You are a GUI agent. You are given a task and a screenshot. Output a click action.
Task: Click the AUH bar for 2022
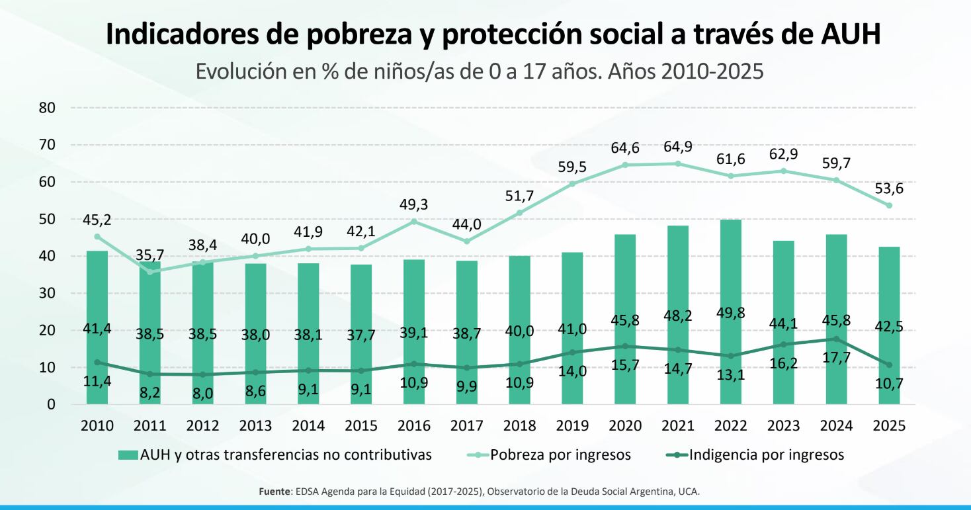(730, 278)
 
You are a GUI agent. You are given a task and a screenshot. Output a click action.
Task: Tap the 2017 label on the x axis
(466, 425)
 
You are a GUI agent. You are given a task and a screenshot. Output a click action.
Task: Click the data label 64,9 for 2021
(677, 147)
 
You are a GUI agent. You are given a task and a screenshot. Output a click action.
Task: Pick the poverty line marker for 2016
(414, 221)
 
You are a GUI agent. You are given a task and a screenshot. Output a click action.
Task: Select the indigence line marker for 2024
(836, 339)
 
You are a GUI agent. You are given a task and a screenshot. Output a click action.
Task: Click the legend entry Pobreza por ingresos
(560, 454)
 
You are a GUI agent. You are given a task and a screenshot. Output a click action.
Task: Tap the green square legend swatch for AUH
(128, 454)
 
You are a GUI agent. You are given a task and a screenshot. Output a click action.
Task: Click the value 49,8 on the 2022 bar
(730, 312)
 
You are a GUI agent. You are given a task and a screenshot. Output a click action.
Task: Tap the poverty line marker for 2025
(889, 205)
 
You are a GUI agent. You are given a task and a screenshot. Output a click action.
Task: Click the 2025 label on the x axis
(889, 425)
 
